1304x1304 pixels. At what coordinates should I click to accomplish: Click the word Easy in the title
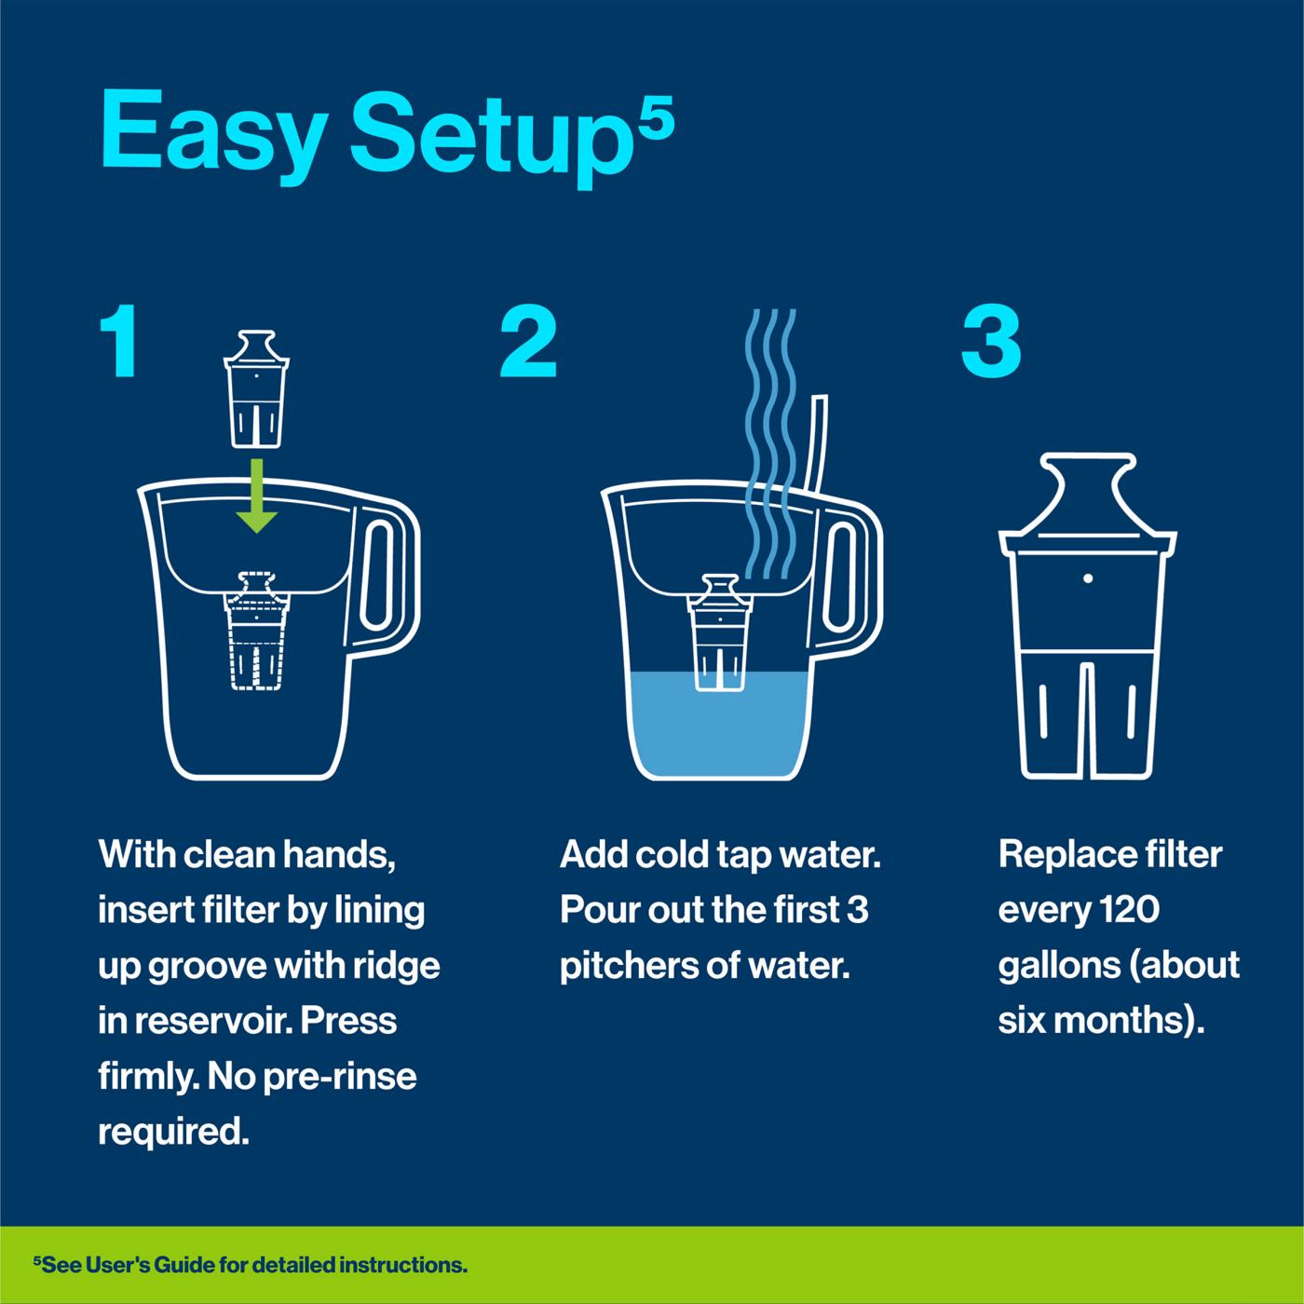coord(211,130)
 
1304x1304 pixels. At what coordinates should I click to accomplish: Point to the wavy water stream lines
coord(769,438)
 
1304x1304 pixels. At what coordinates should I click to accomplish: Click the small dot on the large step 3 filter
coord(1087,578)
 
